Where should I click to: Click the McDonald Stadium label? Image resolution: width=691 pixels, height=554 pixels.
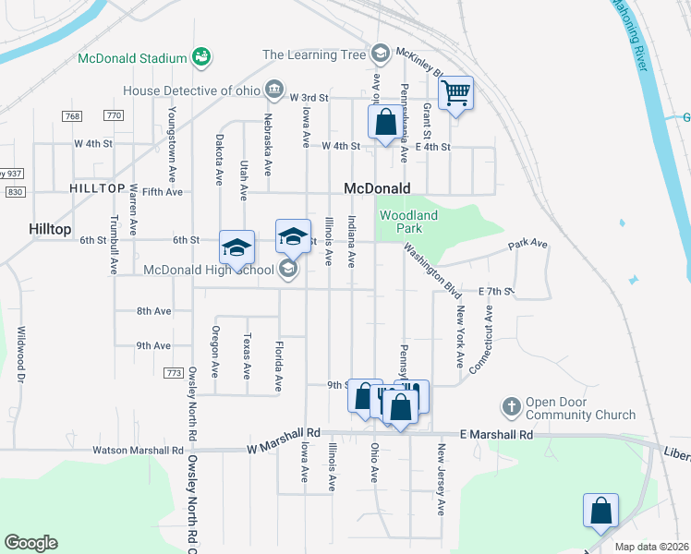pos(133,58)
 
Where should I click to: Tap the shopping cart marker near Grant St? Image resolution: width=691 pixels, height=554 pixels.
pos(455,92)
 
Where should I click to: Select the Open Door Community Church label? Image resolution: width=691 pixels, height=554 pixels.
pos(581,408)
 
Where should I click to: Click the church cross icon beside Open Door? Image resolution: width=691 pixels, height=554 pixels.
pos(511,406)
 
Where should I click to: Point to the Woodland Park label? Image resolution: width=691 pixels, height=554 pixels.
pos(401,222)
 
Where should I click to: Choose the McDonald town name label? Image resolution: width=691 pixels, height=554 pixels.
pos(376,188)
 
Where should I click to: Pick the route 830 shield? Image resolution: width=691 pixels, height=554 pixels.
pos(15,191)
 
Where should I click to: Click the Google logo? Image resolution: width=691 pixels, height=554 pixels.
pos(30,543)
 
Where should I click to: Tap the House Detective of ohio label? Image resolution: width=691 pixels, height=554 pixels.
pos(191,90)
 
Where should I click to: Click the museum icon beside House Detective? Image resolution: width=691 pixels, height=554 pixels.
pos(274,90)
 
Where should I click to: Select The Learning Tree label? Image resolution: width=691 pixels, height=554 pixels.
pos(314,54)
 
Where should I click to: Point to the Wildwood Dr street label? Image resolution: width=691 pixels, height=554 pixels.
pos(19,354)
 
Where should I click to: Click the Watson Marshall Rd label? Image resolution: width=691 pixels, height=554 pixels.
pos(138,452)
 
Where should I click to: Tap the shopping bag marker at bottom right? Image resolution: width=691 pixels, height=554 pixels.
pos(600,511)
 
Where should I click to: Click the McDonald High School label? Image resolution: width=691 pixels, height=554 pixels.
pos(209,270)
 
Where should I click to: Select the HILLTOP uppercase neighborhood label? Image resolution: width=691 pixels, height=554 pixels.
pos(97,188)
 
